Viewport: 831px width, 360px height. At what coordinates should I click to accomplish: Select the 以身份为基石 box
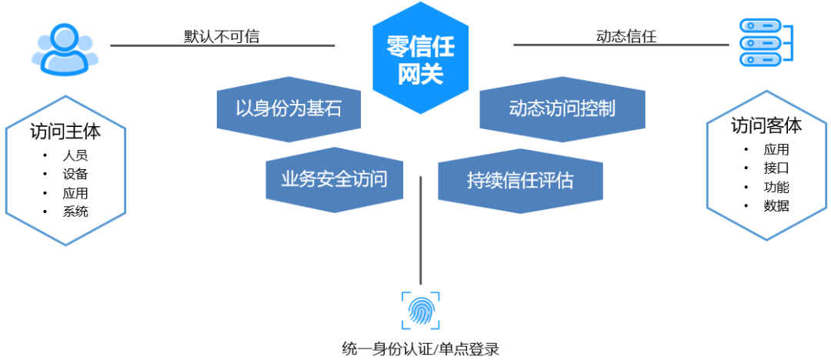(289, 108)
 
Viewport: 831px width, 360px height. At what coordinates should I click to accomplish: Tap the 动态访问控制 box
(562, 108)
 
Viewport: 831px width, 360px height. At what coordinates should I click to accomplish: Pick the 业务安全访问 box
(334, 180)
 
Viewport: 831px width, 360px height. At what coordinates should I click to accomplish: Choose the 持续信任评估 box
(520, 181)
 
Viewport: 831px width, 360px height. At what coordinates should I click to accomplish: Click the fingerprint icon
(420, 311)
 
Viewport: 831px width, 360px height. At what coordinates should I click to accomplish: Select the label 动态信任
(626, 35)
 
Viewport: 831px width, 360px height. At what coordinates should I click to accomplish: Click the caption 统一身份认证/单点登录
(420, 348)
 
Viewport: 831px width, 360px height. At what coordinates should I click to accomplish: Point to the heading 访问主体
(65, 132)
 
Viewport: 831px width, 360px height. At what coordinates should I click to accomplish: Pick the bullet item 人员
(75, 155)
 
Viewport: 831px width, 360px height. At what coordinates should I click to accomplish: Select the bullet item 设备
(75, 174)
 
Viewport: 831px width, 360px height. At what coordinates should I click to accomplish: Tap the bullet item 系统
(75, 212)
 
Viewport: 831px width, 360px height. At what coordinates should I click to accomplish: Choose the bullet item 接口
(776, 168)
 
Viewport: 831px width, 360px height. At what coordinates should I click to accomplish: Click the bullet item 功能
(776, 187)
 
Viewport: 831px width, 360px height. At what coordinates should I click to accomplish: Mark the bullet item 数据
(776, 205)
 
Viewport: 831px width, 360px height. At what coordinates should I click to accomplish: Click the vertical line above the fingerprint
(421, 231)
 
